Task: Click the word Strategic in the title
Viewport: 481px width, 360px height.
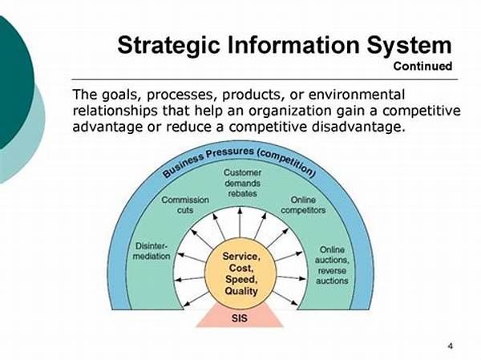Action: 168,46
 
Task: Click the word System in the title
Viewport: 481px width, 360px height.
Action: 409,46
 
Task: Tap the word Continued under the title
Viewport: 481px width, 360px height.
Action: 422,66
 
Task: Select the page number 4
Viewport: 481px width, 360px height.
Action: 450,346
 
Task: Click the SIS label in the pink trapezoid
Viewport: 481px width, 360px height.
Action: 239,318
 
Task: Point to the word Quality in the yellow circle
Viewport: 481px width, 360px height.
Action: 240,291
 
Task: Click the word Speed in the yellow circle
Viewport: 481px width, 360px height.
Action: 241,279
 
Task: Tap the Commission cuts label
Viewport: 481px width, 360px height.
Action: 185,205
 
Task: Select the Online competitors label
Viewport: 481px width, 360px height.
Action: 303,205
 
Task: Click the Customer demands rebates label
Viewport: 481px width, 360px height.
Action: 242,183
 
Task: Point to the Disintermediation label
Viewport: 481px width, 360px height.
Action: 152,251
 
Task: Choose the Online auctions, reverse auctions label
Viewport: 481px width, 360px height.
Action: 332,265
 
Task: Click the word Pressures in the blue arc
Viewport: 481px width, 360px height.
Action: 230,153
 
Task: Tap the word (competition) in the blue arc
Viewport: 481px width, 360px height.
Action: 287,164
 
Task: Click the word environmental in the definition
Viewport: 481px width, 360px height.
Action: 357,95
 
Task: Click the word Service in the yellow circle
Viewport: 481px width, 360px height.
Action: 241,257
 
